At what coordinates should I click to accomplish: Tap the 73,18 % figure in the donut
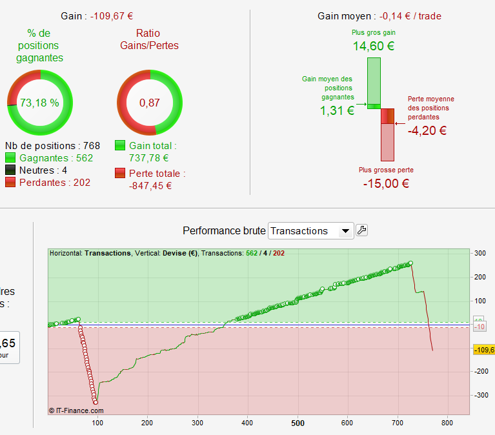click(x=39, y=103)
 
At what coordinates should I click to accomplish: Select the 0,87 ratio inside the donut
click(x=149, y=103)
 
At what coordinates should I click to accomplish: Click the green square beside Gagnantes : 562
click(x=10, y=158)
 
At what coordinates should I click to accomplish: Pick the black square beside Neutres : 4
click(x=10, y=170)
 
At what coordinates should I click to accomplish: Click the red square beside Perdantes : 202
click(x=10, y=183)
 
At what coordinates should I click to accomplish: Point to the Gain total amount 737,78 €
click(x=149, y=158)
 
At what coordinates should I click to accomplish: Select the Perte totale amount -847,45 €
click(x=150, y=186)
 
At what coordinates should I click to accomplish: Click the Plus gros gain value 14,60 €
click(x=374, y=46)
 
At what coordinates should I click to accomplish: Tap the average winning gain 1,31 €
click(x=337, y=110)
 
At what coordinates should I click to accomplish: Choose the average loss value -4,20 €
click(x=427, y=130)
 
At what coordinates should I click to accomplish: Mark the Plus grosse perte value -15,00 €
click(x=386, y=183)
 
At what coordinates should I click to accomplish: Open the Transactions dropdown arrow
click(x=346, y=231)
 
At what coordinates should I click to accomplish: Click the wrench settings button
click(x=361, y=230)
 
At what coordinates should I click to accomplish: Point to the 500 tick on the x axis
click(x=298, y=423)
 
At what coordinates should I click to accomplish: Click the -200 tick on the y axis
click(x=480, y=372)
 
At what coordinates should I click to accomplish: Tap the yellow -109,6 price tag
click(x=483, y=350)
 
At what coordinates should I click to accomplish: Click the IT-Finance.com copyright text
click(x=76, y=410)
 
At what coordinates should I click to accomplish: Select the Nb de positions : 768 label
click(x=52, y=146)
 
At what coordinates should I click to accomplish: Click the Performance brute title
click(x=223, y=231)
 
